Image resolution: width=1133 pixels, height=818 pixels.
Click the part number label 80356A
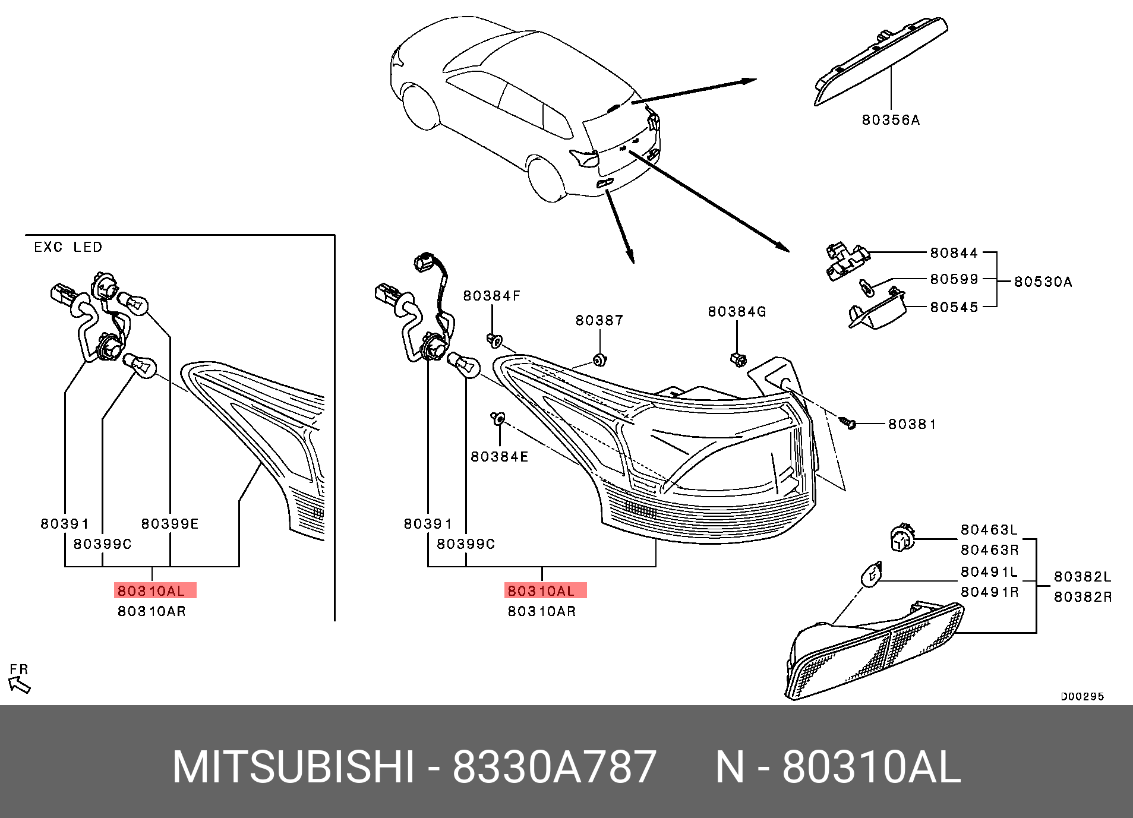[891, 120]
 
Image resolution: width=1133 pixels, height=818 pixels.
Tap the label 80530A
[1043, 282]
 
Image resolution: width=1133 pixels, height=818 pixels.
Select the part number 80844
[954, 253]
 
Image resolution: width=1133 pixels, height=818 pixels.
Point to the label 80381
[912, 424]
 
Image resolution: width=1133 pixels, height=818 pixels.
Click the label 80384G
[737, 312]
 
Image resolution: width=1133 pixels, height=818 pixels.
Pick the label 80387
[599, 321]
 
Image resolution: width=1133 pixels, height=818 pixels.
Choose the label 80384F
[491, 296]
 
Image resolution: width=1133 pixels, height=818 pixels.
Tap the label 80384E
[499, 457]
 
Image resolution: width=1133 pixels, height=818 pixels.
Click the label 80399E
[170, 524]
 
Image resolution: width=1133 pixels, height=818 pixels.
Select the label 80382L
[1082, 577]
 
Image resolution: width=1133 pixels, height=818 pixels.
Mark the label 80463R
[989, 550]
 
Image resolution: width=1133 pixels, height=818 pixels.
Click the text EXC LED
[68, 247]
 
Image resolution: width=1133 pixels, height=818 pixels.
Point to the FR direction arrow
[20, 684]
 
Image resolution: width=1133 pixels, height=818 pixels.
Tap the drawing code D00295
[1082, 696]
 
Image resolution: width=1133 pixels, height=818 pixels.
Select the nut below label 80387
[599, 360]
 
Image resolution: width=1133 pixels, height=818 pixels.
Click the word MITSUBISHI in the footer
[292, 768]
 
